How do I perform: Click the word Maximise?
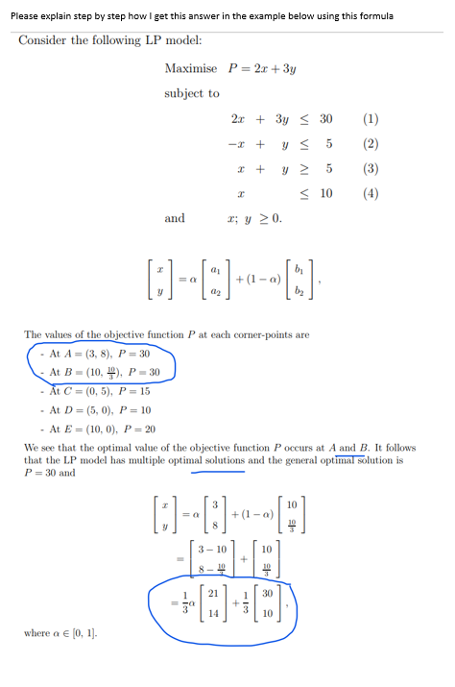click(x=190, y=68)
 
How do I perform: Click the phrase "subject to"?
click(x=192, y=93)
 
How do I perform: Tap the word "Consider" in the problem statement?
click(x=42, y=39)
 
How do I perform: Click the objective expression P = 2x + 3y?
click(x=262, y=68)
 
